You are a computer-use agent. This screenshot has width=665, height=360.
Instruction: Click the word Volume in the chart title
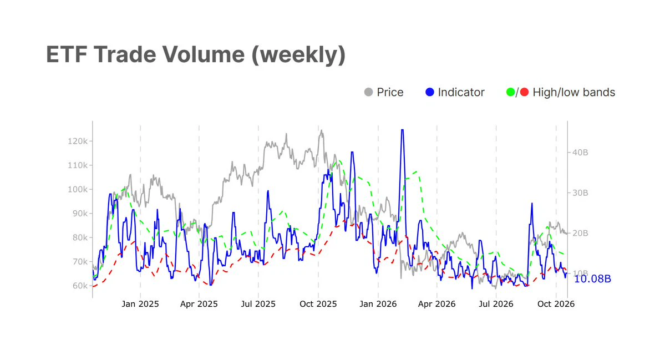coord(204,54)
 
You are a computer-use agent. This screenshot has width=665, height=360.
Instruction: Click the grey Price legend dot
coord(368,92)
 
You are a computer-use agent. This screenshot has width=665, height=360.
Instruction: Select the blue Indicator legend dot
coord(430,92)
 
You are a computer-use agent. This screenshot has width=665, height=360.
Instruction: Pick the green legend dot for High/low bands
coord(511,92)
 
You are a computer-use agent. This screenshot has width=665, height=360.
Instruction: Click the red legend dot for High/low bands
coord(525,92)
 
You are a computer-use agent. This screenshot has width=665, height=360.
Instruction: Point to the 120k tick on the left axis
coord(77,141)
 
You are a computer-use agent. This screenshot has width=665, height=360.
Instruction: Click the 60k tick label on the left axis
coord(80,286)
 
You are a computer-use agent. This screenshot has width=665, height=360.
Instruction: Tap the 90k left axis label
coord(80,214)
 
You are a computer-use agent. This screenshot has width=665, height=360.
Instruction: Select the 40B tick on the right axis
coord(580,153)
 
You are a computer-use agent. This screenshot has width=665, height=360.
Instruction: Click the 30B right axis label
coord(580,193)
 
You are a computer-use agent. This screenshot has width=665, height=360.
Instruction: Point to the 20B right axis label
coord(580,233)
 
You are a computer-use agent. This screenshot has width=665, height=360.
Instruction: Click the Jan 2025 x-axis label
coord(140,304)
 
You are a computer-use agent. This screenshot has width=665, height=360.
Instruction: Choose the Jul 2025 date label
coord(258,304)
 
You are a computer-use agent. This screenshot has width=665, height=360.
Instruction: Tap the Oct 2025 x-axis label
coord(318,304)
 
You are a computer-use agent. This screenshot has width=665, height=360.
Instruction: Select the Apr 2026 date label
coord(437,304)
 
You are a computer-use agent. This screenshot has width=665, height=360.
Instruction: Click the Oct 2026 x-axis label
coord(556,304)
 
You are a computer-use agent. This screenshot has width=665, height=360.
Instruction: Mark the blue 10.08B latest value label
coord(592,278)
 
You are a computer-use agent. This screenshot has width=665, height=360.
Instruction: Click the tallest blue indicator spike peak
coord(402,130)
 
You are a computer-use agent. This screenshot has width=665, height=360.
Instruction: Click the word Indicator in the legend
coord(461,92)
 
